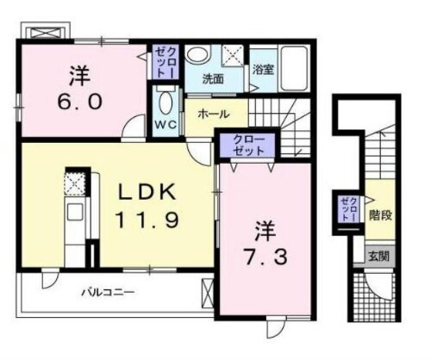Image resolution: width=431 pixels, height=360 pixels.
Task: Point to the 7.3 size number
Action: [x=261, y=256]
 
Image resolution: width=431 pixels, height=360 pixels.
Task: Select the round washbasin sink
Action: [x=197, y=56]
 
